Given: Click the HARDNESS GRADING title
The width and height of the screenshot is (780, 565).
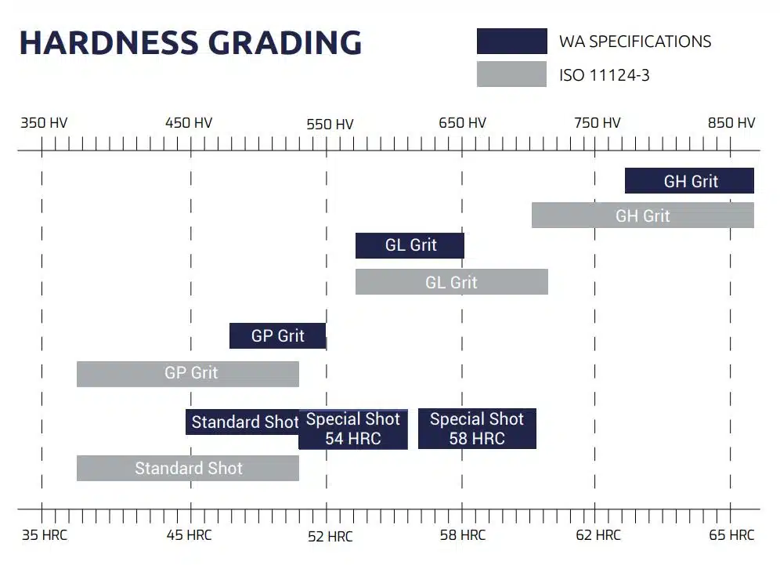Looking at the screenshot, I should tap(190, 42).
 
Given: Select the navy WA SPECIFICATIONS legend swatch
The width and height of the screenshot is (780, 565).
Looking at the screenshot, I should tap(511, 41).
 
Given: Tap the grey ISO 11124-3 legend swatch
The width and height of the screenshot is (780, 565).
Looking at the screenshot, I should tap(511, 74).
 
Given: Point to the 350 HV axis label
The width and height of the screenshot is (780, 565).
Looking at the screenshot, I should tap(44, 123).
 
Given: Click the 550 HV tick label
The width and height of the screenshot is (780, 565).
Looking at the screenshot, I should tap(330, 124).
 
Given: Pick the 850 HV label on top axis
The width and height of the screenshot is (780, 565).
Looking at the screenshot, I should tap(731, 123).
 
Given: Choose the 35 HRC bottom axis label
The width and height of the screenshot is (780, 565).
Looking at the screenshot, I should tap(45, 535).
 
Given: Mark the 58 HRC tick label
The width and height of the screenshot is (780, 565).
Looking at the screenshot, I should tap(462, 535).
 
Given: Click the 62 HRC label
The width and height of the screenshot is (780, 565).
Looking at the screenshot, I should tap(598, 535).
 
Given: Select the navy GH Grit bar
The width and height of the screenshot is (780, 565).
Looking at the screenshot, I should tap(689, 181).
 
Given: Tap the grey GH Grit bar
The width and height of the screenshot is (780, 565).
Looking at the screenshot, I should tap(642, 215).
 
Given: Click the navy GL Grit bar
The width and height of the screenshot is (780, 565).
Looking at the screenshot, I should tap(410, 245).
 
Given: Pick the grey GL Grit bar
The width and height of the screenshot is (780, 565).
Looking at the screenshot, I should tap(451, 282).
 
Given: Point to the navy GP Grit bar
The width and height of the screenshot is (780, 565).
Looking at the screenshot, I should tap(277, 336).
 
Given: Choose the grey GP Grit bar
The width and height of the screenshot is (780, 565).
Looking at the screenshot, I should tap(188, 374).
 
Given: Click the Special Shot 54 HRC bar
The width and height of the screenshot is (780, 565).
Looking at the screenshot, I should tap(353, 429).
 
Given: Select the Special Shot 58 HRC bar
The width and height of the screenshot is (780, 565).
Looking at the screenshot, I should tap(477, 429).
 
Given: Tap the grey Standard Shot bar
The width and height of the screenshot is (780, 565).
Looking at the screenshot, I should tap(188, 469).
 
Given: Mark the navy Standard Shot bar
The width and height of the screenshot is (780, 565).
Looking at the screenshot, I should tap(242, 422).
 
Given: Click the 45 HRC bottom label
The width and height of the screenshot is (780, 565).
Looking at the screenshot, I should tap(189, 535).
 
